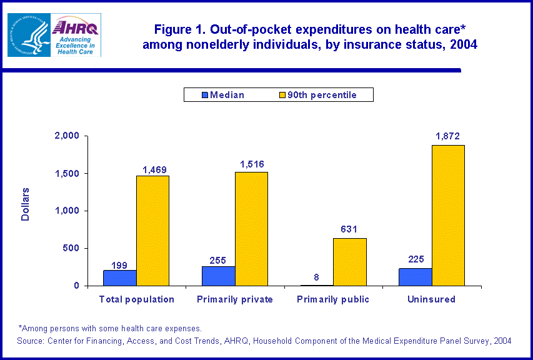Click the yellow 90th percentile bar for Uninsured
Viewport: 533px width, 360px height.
pos(448,215)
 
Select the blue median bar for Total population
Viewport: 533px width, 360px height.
pos(120,277)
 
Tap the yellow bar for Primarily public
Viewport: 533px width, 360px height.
pos(350,262)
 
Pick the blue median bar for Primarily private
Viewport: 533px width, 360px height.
pos(218,276)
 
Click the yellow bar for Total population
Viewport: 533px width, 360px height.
pos(152,231)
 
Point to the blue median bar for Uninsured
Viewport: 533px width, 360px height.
pos(415,277)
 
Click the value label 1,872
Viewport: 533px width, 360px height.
pos(448,136)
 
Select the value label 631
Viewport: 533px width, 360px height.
pos(349,229)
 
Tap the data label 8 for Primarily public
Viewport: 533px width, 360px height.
pos(317,277)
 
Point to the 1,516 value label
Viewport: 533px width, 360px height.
pos(251,164)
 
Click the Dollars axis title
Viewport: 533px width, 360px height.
pos(26,204)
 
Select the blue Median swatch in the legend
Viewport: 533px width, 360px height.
pos(204,95)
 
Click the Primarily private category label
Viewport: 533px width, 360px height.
pos(235,299)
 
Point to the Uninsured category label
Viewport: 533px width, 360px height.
pos(431,299)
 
